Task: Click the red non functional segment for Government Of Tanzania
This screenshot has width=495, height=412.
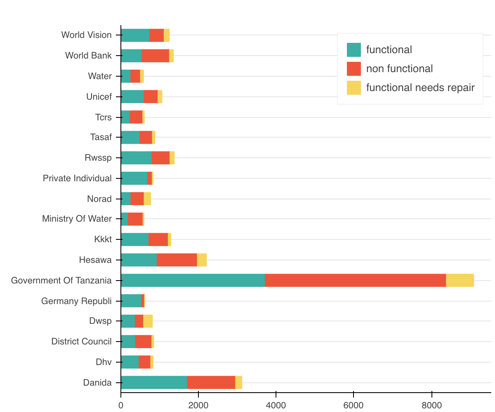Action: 355,280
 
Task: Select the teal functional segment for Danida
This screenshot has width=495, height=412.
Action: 154,382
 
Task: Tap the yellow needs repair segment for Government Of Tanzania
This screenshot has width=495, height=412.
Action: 460,280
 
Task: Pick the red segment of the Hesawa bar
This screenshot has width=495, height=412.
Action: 177,260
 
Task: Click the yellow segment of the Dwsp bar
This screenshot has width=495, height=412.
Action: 148,321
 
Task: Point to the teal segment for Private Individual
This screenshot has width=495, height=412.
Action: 134,178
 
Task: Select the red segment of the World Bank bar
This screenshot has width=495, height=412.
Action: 155,56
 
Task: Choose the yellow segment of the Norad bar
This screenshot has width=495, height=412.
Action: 147,199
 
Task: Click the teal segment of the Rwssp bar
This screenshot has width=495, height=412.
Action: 136,157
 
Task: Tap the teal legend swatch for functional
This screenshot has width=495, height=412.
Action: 354,50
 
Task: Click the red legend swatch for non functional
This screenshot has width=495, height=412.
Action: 354,69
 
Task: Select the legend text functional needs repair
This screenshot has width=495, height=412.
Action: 420,87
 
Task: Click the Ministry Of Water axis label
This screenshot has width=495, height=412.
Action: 77,219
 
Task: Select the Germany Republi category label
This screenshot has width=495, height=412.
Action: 76,301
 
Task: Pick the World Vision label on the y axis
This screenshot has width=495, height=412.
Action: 86,35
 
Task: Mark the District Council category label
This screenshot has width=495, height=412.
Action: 81,342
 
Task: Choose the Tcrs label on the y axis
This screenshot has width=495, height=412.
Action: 103,117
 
